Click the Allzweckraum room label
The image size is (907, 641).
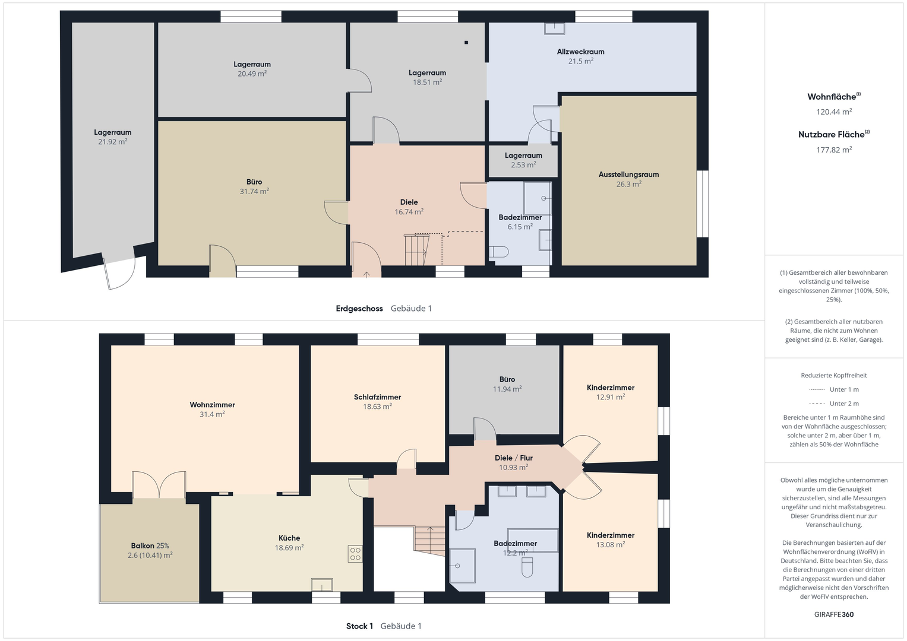coord(580,52)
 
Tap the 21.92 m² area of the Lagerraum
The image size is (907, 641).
coord(113,142)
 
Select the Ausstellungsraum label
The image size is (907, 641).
coord(628,174)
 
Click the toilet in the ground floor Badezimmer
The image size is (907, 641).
coord(498,252)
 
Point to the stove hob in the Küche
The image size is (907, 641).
coord(355,554)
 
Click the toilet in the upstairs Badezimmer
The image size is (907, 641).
coord(527,567)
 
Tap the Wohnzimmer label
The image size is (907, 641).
coord(212,405)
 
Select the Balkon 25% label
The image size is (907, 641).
coord(150,545)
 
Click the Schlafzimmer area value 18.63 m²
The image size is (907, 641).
coord(377,407)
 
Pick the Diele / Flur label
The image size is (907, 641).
coord(513,458)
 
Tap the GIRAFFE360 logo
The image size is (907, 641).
coord(834,614)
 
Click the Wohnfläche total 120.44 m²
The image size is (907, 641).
coord(834,112)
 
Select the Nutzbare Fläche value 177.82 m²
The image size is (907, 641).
coord(834,150)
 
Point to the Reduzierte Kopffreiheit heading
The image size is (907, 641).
coord(834,375)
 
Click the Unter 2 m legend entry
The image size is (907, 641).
coord(834,404)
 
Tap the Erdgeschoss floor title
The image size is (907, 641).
coord(359,309)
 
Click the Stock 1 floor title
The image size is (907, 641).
coord(359,626)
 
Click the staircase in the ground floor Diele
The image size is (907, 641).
coord(416,250)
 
